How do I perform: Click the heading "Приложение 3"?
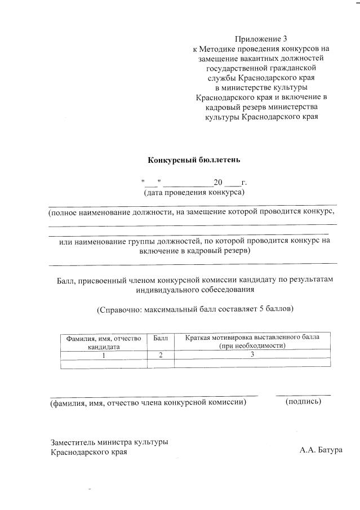(261, 39)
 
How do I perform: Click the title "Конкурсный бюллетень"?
(194, 159)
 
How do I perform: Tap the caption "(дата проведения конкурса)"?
(194, 192)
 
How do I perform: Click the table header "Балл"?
(161, 338)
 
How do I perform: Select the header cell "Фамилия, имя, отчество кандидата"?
(103, 342)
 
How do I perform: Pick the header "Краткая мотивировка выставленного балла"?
(252, 338)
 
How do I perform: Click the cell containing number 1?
(103, 355)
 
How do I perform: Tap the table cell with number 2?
(161, 355)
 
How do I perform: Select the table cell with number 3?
(252, 354)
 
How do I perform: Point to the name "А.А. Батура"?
(322, 451)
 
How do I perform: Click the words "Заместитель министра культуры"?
(109, 442)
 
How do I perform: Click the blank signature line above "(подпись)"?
(303, 394)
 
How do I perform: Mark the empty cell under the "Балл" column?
(161, 364)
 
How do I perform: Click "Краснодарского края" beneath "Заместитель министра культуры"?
(88, 452)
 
